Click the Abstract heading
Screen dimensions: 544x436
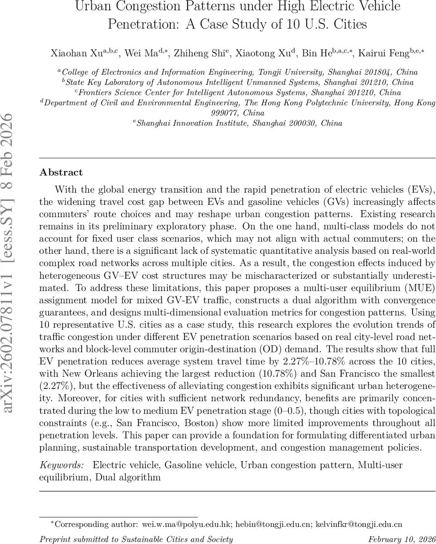[x=61, y=172]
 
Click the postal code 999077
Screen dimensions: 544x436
[x=226, y=113]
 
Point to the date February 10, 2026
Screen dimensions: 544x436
[x=402, y=539]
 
